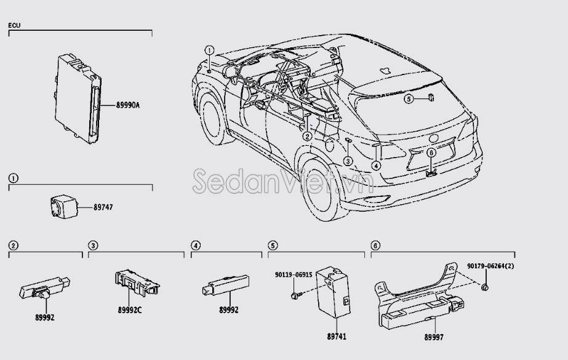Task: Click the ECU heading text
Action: point(14,26)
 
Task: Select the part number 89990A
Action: point(127,105)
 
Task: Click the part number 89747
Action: point(103,207)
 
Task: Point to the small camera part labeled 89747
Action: point(61,206)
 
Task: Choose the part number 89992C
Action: point(129,310)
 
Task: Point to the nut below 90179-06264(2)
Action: point(486,287)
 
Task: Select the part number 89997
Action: point(433,337)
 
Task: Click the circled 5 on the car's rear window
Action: point(408,98)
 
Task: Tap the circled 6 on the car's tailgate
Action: point(431,152)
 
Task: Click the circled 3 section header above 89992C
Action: point(92,246)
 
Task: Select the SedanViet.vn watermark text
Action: point(283,180)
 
